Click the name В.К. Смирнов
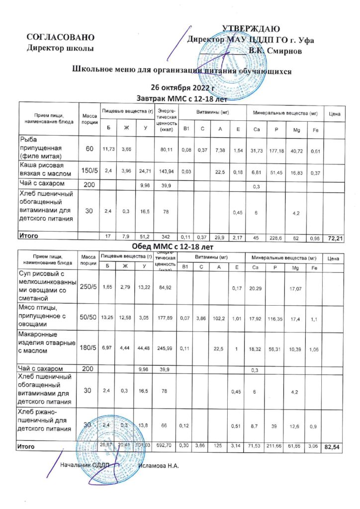pyautogui.click(x=274, y=50)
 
